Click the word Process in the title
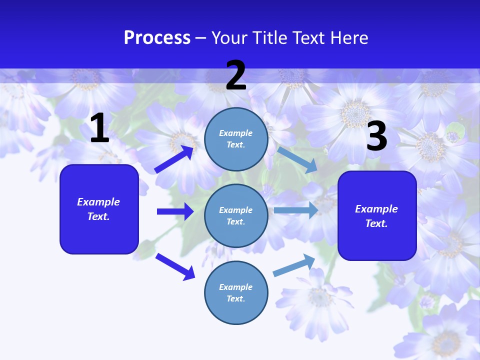pyautogui.click(x=157, y=38)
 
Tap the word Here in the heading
pyautogui.click(x=349, y=38)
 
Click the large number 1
pyautogui.click(x=99, y=128)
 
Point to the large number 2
pyautogui.click(x=236, y=75)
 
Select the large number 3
pyautogui.click(x=376, y=136)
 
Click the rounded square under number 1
pyautogui.click(x=99, y=209)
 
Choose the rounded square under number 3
pyautogui.click(x=377, y=216)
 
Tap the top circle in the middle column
pyautogui.click(x=236, y=139)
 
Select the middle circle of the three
pyautogui.click(x=236, y=216)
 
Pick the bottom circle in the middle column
pyautogui.click(x=236, y=292)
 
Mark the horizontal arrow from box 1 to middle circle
pyautogui.click(x=175, y=211)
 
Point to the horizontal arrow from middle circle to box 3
pyautogui.click(x=296, y=210)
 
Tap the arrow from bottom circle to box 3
pyautogui.click(x=294, y=265)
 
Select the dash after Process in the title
pyautogui.click(x=201, y=38)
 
